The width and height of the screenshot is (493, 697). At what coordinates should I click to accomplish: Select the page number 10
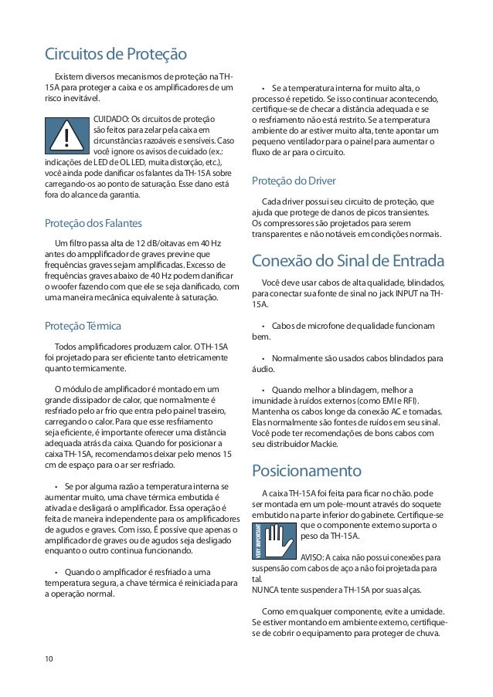point(49,658)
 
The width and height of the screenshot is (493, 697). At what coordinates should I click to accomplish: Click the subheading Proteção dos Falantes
point(92,223)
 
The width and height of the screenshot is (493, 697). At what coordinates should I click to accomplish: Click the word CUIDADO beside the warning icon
point(110,119)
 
